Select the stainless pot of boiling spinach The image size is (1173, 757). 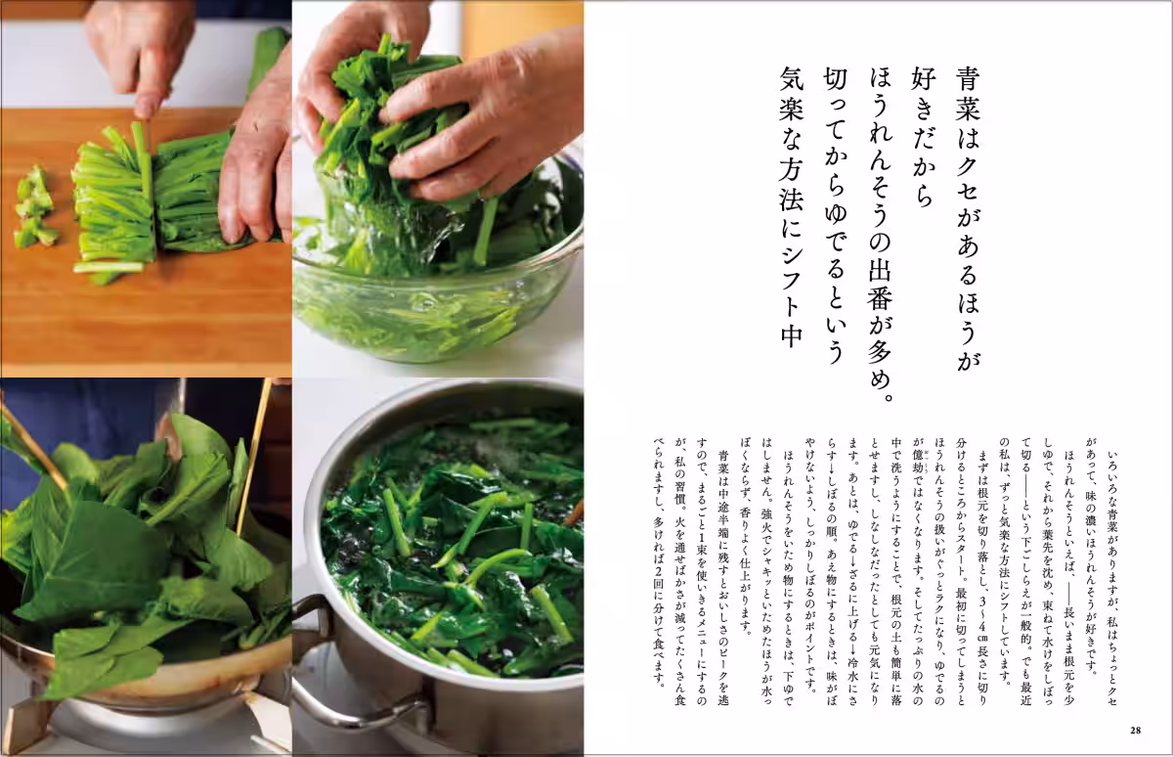450,567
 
